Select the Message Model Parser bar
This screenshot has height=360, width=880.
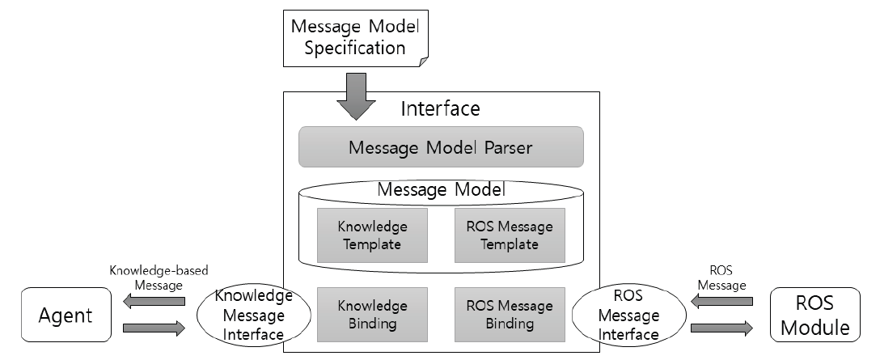(x=441, y=148)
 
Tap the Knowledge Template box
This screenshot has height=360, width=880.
(x=373, y=235)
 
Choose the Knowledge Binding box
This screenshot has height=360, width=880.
(x=373, y=315)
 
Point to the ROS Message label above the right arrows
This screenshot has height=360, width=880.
(x=725, y=277)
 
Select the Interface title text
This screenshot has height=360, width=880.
(x=441, y=108)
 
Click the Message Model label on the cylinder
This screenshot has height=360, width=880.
(x=441, y=191)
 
